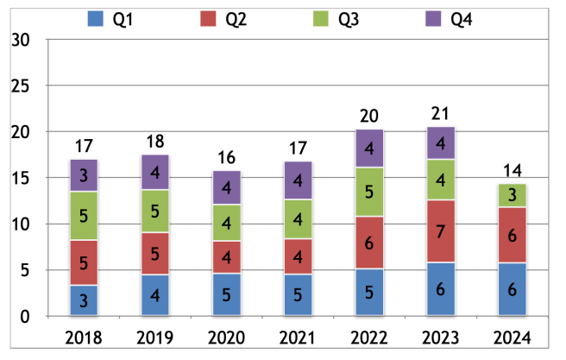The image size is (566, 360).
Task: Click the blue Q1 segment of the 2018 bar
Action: tap(84, 300)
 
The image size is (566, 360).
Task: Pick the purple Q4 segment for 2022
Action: tap(368, 148)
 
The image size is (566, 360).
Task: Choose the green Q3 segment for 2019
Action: tap(155, 212)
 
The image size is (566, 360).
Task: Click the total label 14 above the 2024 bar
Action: tap(513, 171)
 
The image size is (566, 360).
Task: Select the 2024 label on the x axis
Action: tap(513, 337)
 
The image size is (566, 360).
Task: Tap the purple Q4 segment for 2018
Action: tap(84, 175)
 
